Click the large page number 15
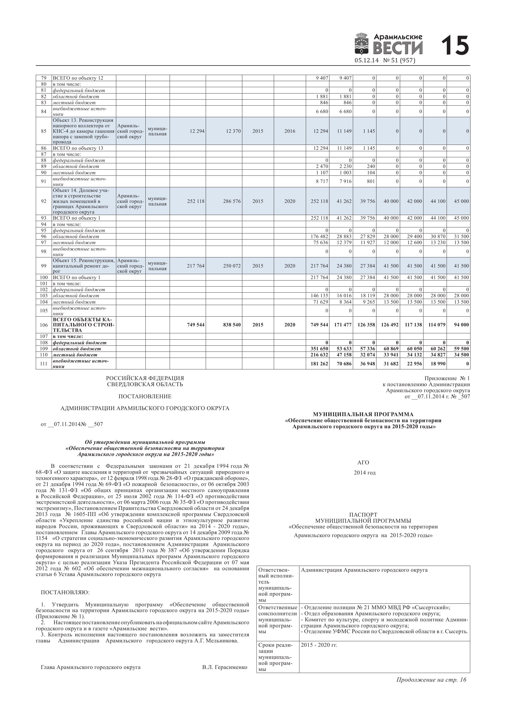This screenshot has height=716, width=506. tap(455, 46)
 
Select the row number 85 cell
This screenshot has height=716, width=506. tap(44, 131)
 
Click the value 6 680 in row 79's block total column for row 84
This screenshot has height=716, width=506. tap(321, 111)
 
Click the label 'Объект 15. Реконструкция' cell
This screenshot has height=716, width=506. tap(84, 260)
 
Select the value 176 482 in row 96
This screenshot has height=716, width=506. tap(319, 236)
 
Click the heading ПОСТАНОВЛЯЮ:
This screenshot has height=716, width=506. tap(65, 592)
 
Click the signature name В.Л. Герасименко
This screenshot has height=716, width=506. tap(224, 667)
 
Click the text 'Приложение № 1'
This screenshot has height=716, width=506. tap(447, 378)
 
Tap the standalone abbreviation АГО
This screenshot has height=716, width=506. tap(363, 462)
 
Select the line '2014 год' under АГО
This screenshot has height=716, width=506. tap(364, 472)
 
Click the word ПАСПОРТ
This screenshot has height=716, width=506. tap(363, 515)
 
